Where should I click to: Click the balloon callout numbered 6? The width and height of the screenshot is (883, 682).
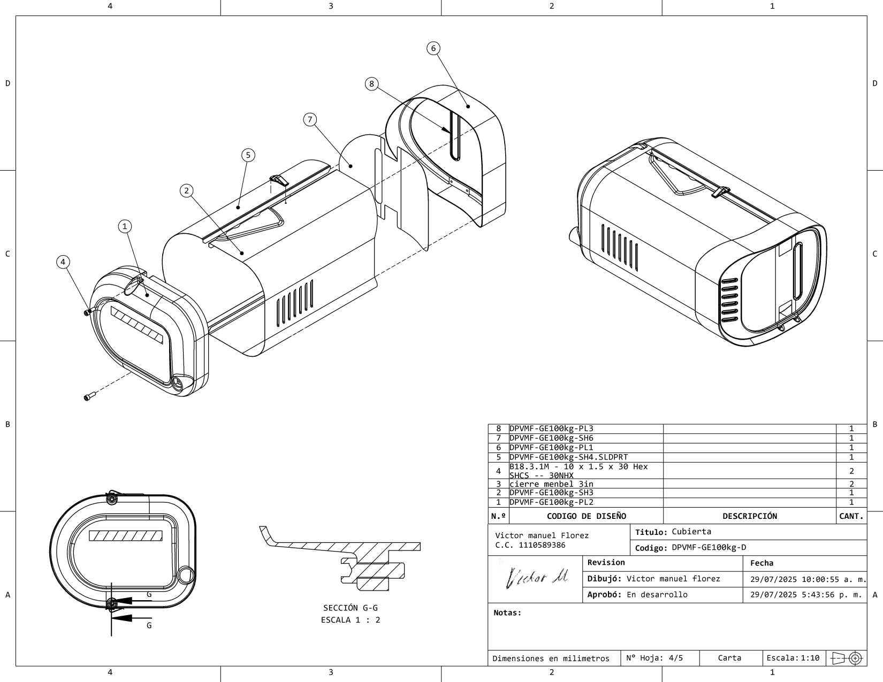coord(433,48)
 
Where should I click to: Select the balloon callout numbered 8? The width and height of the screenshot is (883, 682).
coord(371,84)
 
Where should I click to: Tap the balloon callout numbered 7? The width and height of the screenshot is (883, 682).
coord(310,119)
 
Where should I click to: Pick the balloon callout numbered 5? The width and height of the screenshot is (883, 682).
coord(248,155)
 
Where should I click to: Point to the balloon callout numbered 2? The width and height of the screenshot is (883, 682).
coord(187,190)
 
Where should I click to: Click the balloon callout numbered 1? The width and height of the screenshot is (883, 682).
coord(125,226)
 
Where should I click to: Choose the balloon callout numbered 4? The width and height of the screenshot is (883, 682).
coord(63,262)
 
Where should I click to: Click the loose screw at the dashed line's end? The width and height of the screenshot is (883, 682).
coord(90,396)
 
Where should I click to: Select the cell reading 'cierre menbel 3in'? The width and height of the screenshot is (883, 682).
coord(551,484)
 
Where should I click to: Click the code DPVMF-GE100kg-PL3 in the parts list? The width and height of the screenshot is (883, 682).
coord(551,428)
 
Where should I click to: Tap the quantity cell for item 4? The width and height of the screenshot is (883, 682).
coord(851,471)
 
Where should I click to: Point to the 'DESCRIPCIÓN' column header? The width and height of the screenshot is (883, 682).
coord(749,516)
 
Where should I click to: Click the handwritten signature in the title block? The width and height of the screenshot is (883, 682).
coord(536,577)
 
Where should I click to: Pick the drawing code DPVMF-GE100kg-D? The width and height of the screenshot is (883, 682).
coord(709,548)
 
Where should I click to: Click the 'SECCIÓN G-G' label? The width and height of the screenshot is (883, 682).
coord(351,608)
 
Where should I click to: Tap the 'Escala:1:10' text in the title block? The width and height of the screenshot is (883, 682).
coord(793,658)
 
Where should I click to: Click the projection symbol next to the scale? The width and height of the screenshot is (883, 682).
coord(847,658)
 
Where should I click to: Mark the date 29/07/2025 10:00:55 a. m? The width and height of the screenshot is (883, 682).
coord(808,579)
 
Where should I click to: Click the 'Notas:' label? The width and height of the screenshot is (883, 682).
coord(507,613)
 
